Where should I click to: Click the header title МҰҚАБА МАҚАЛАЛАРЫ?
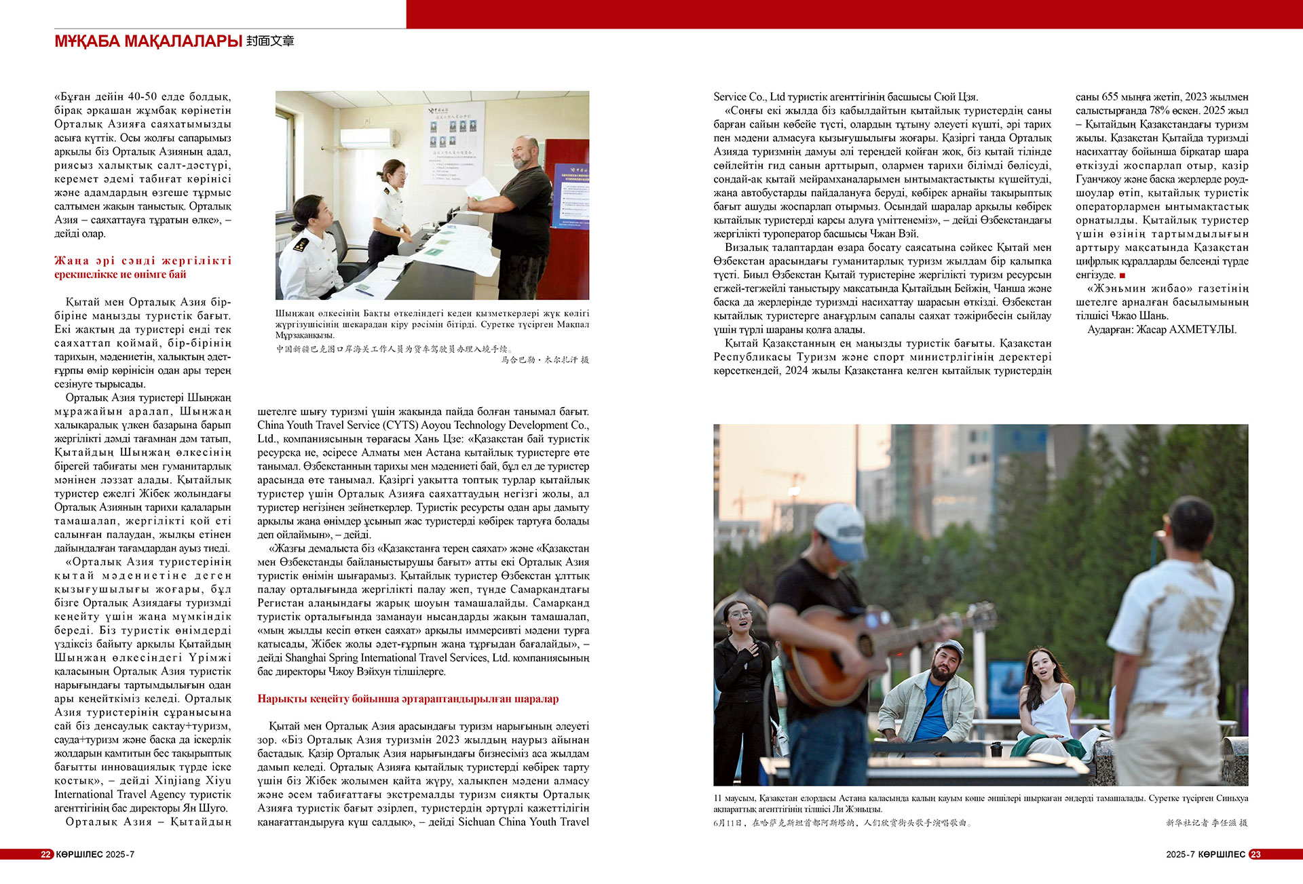(x=148, y=41)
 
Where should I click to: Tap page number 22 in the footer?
(x=45, y=854)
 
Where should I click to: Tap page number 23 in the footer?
(x=1255, y=854)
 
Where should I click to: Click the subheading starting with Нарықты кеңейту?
(x=408, y=699)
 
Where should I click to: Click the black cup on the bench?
(x=996, y=750)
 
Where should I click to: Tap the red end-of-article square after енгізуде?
(x=1122, y=275)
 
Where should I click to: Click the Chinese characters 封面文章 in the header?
(x=270, y=41)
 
